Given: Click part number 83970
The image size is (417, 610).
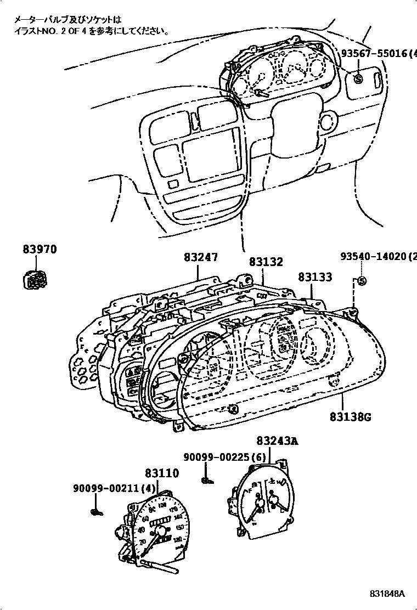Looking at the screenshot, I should (40, 250).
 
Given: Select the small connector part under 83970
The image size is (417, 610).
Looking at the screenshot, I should (35, 281).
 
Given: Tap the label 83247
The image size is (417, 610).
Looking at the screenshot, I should (200, 256).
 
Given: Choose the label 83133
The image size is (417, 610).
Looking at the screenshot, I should (315, 277).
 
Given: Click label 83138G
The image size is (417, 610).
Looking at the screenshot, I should (351, 417).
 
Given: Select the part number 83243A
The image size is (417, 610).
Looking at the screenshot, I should (277, 440).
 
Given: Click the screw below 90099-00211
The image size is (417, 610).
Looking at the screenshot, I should (97, 512).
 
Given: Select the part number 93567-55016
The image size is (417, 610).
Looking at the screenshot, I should (375, 53).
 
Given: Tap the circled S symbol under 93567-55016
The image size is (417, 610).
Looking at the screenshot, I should (358, 79).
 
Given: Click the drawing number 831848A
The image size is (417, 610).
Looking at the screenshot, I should (386, 594).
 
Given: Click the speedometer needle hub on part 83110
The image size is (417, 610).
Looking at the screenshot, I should (161, 530).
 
